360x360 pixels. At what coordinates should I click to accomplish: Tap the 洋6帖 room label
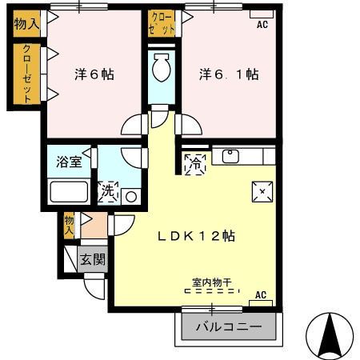pyautogui.click(x=94, y=74)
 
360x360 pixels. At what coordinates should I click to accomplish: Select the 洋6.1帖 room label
pyautogui.click(x=228, y=74)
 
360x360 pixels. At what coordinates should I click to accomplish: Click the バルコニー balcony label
pyautogui.click(x=229, y=327)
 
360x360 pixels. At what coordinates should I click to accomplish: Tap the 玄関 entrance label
pyautogui.click(x=92, y=259)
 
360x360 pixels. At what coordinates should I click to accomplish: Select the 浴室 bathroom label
pyautogui.click(x=68, y=162)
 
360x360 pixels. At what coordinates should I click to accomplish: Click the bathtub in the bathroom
pyautogui.click(x=69, y=192)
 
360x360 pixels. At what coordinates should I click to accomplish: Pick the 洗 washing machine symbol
pyautogui.click(x=108, y=192)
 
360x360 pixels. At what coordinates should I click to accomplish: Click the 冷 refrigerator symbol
pyautogui.click(x=194, y=164)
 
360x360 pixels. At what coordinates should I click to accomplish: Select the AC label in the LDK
pyautogui.click(x=260, y=295)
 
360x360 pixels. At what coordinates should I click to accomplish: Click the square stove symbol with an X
pyautogui.click(x=262, y=190)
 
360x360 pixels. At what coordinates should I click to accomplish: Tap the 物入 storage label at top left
pyautogui.click(x=26, y=24)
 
